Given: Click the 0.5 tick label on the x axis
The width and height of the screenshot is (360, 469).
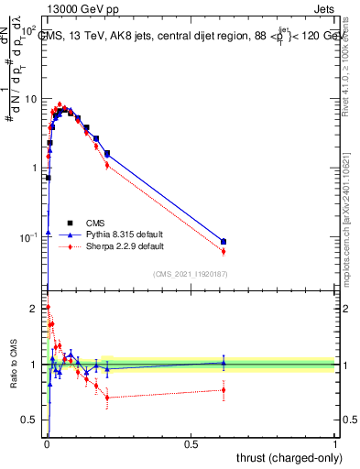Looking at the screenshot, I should coord(191,444).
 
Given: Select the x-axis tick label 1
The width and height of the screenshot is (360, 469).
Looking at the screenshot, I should coord(335,444).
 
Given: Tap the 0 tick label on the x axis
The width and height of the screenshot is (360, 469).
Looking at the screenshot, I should coord(47,444).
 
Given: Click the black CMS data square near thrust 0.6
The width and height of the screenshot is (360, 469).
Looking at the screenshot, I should coord(224,242).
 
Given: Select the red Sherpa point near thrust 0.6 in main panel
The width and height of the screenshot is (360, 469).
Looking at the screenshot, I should coord(224,251).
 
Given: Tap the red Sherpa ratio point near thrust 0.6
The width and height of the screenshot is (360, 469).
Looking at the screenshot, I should coord(224,390).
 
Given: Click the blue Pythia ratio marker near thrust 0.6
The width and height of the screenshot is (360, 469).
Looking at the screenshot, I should coord(224,363).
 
